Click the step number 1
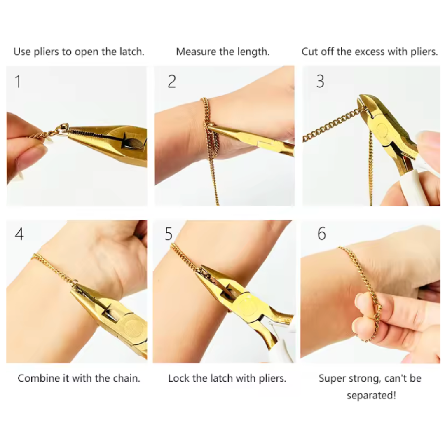(18, 82)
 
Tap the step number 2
(172, 82)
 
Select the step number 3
(320, 82)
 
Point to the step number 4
(19, 234)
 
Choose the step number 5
(169, 234)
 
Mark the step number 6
(321, 234)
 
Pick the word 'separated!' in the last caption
(371, 395)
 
